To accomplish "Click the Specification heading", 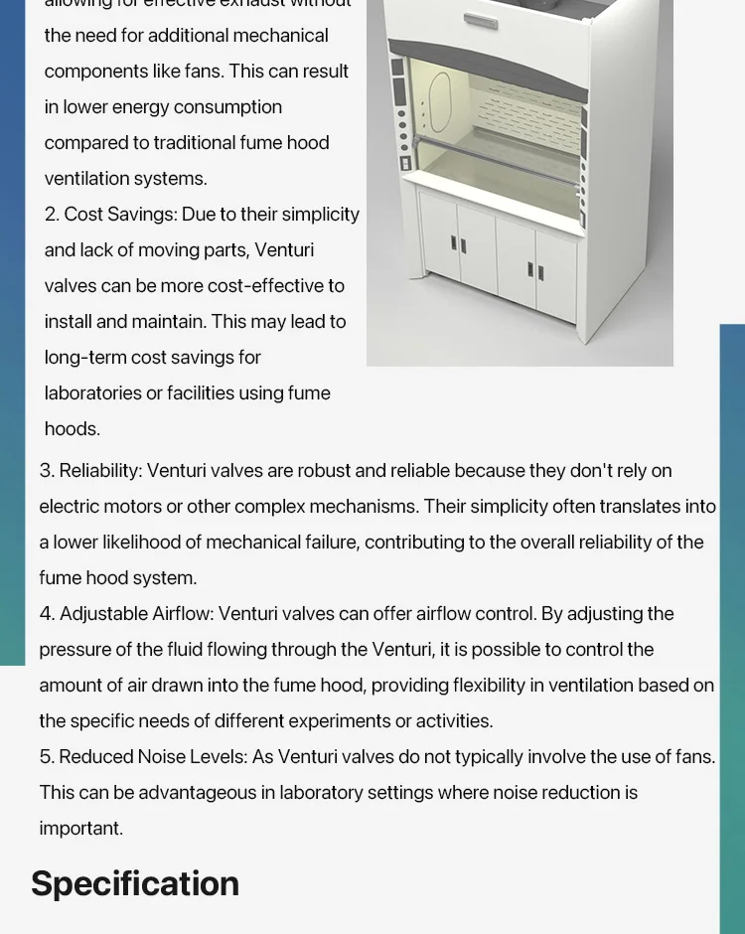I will click(x=135, y=883).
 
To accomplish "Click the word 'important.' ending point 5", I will click(x=81, y=828).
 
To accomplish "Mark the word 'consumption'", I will click(x=232, y=107).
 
